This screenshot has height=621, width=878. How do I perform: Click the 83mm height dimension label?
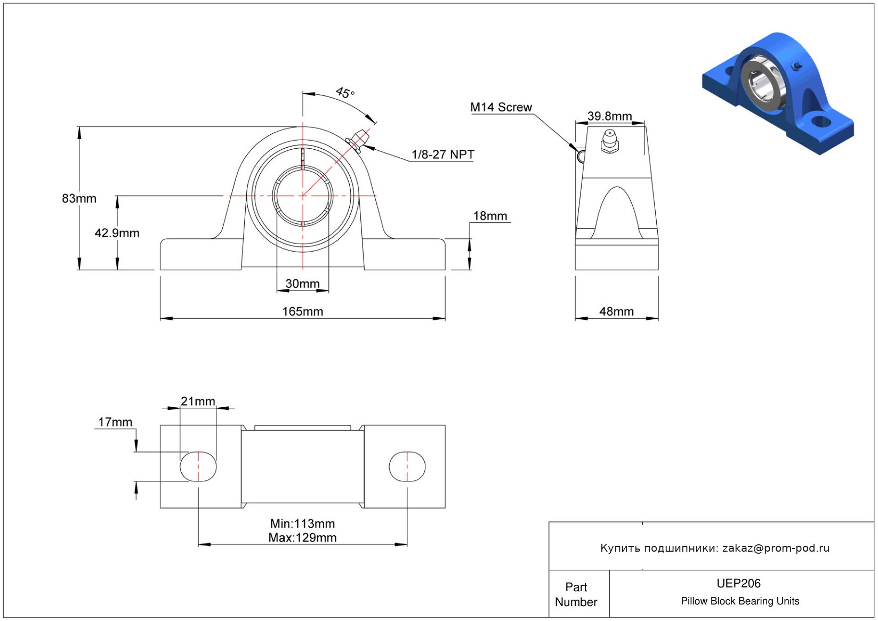(79, 198)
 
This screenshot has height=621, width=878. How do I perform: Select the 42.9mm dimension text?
(117, 233)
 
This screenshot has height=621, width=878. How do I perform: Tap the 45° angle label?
(345, 93)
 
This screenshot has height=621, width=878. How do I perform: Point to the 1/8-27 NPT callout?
(442, 155)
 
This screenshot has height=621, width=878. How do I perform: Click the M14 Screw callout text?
(501, 107)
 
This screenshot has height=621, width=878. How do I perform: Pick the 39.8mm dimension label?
(609, 116)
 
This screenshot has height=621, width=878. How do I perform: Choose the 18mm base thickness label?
(490, 216)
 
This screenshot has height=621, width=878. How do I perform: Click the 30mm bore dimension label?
(302, 283)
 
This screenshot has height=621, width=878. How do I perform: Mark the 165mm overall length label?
(303, 311)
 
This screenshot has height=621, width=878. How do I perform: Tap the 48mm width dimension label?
(617, 311)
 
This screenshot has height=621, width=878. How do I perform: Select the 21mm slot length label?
(198, 401)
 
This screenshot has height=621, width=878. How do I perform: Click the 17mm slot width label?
(115, 422)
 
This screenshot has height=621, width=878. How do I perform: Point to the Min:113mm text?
(302, 523)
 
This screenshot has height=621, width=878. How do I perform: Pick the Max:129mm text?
(302, 537)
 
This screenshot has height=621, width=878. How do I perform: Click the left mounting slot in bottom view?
(198, 466)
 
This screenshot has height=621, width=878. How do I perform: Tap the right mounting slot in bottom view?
(407, 466)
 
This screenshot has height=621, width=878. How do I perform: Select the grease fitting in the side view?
(609, 141)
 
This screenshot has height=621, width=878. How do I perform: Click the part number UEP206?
(738, 583)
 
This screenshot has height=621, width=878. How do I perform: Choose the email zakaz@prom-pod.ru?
(776, 547)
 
